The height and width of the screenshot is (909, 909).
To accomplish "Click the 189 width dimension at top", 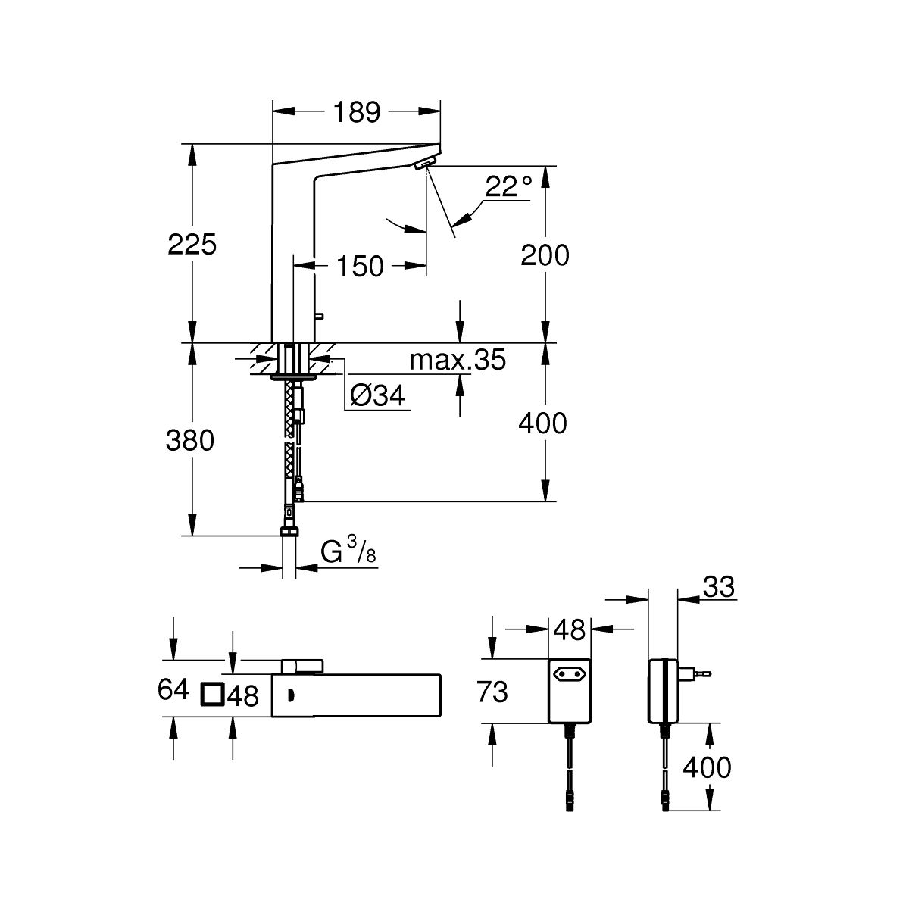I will click(x=357, y=112).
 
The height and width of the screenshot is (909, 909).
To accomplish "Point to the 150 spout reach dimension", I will click(x=360, y=266).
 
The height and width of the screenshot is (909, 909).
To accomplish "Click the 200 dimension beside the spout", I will click(x=545, y=255).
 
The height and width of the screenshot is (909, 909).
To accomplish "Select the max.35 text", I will click(x=457, y=361).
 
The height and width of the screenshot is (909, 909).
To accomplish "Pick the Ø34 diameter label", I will click(x=379, y=395).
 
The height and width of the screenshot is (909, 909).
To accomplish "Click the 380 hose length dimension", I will click(x=190, y=440).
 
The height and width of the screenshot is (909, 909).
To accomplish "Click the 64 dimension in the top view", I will click(x=173, y=690).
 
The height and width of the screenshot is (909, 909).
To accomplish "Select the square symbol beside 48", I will click(x=211, y=695).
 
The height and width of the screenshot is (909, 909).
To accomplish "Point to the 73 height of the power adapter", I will click(x=492, y=691).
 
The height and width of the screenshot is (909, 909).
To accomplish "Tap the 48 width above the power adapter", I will click(x=569, y=629).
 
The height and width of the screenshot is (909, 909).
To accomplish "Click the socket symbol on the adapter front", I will click(x=569, y=672).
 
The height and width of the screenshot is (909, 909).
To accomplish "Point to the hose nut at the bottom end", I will click(x=289, y=531).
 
